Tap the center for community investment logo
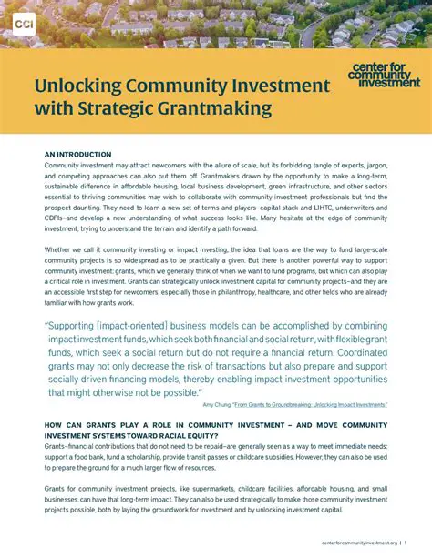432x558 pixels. (x=384, y=76)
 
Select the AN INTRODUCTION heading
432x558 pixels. (x=77, y=155)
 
